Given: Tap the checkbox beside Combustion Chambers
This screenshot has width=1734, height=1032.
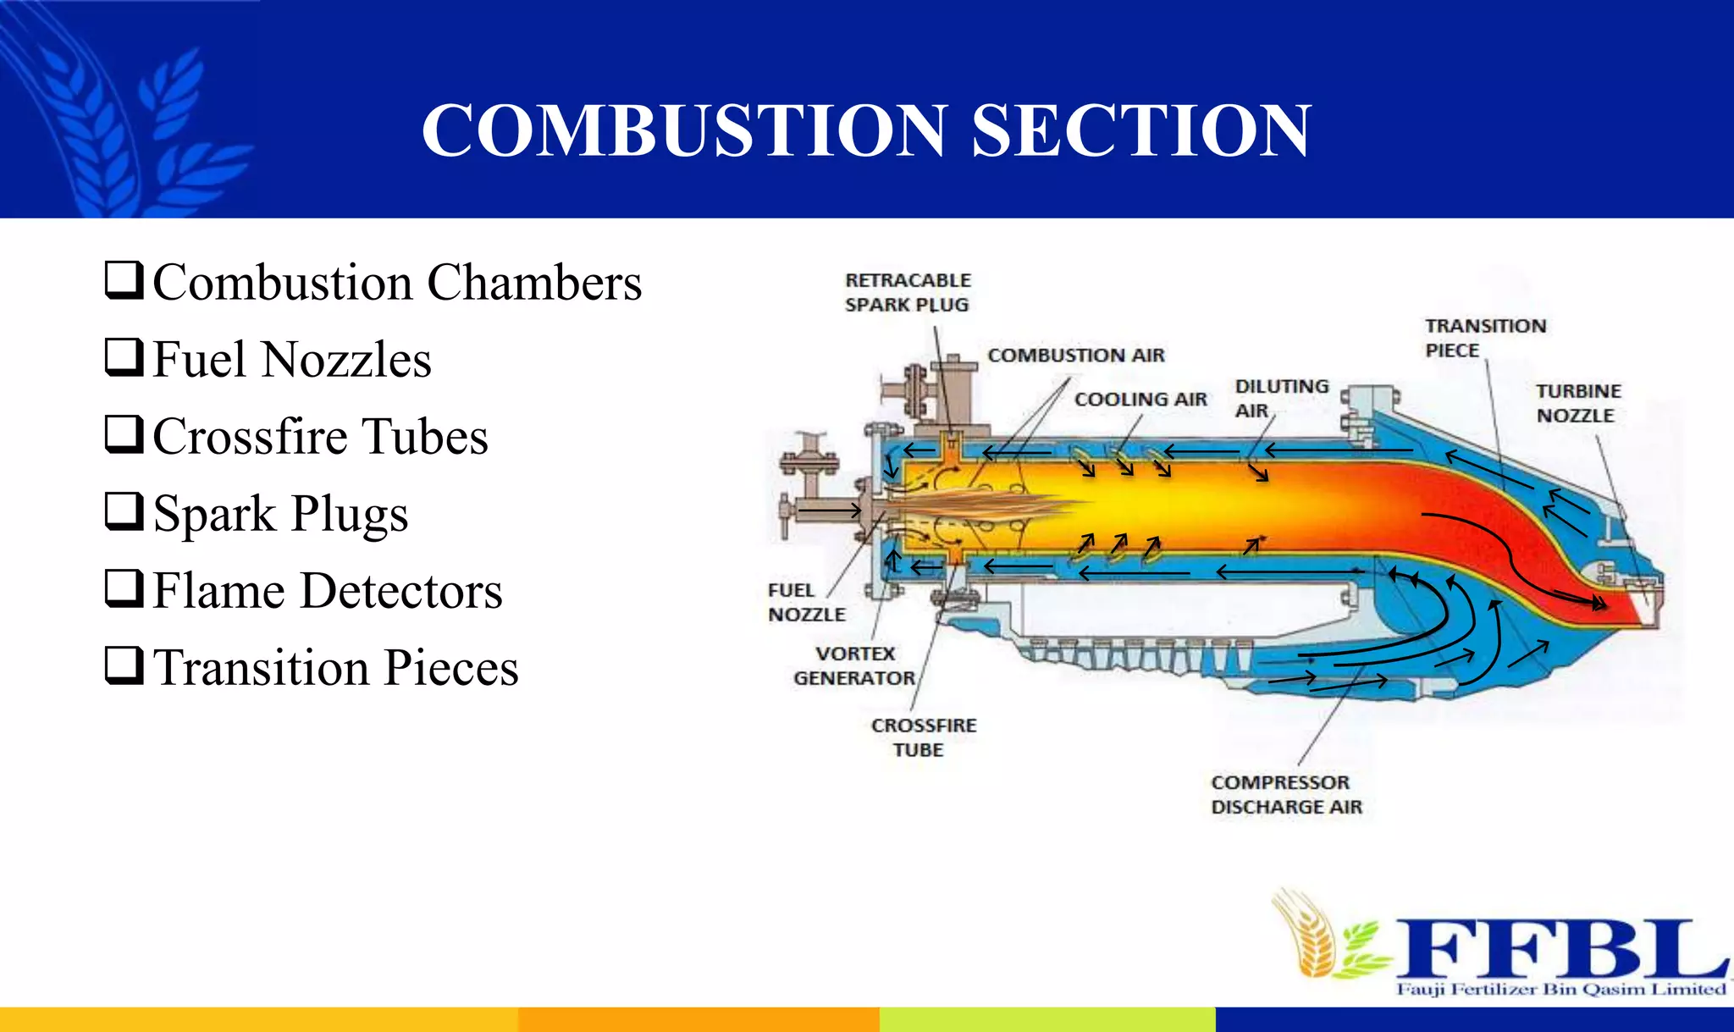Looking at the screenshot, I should click(124, 280).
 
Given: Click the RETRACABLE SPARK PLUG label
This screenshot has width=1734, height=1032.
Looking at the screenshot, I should click(908, 292).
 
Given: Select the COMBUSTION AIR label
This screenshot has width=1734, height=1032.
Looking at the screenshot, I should click(1075, 356).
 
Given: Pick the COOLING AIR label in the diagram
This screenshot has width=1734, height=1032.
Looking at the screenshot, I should click(1140, 400).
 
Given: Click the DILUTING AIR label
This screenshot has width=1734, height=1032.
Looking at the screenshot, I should click(1280, 398).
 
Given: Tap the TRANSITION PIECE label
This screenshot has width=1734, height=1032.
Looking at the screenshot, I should click(1484, 338).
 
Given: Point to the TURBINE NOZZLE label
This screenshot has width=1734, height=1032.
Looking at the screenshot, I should click(1578, 403).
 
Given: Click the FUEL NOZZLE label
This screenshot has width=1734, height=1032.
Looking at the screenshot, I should click(805, 602).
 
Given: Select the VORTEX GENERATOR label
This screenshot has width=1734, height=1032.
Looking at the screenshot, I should click(854, 665).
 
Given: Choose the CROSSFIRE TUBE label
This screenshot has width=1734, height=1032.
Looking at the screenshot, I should click(923, 737).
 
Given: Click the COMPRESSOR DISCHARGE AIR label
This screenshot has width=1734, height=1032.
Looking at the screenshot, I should click(1286, 794).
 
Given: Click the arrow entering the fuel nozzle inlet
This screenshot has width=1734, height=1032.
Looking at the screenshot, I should click(829, 510).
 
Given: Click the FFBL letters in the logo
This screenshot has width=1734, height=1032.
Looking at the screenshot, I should click(1560, 947).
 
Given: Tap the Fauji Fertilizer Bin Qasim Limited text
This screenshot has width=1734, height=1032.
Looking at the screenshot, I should click(1560, 989).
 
